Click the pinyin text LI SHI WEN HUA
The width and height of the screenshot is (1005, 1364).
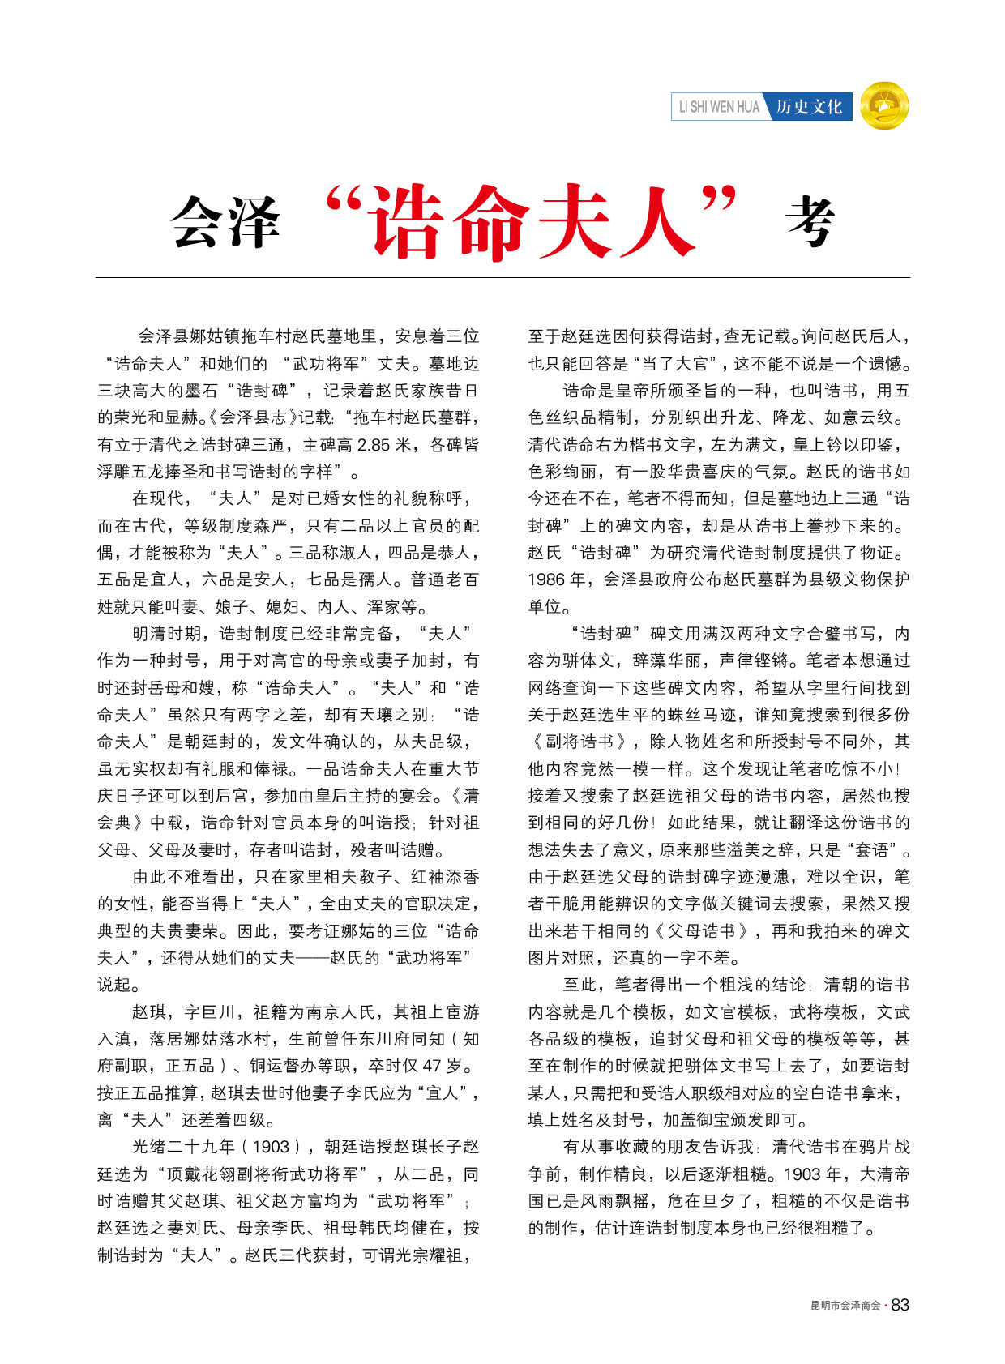719,107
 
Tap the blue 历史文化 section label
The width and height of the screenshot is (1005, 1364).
809,107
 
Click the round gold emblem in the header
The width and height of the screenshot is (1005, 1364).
884,106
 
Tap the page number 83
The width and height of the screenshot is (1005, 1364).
900,1305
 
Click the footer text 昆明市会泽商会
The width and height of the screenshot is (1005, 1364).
845,1306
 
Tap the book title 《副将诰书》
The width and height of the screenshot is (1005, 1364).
580,742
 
